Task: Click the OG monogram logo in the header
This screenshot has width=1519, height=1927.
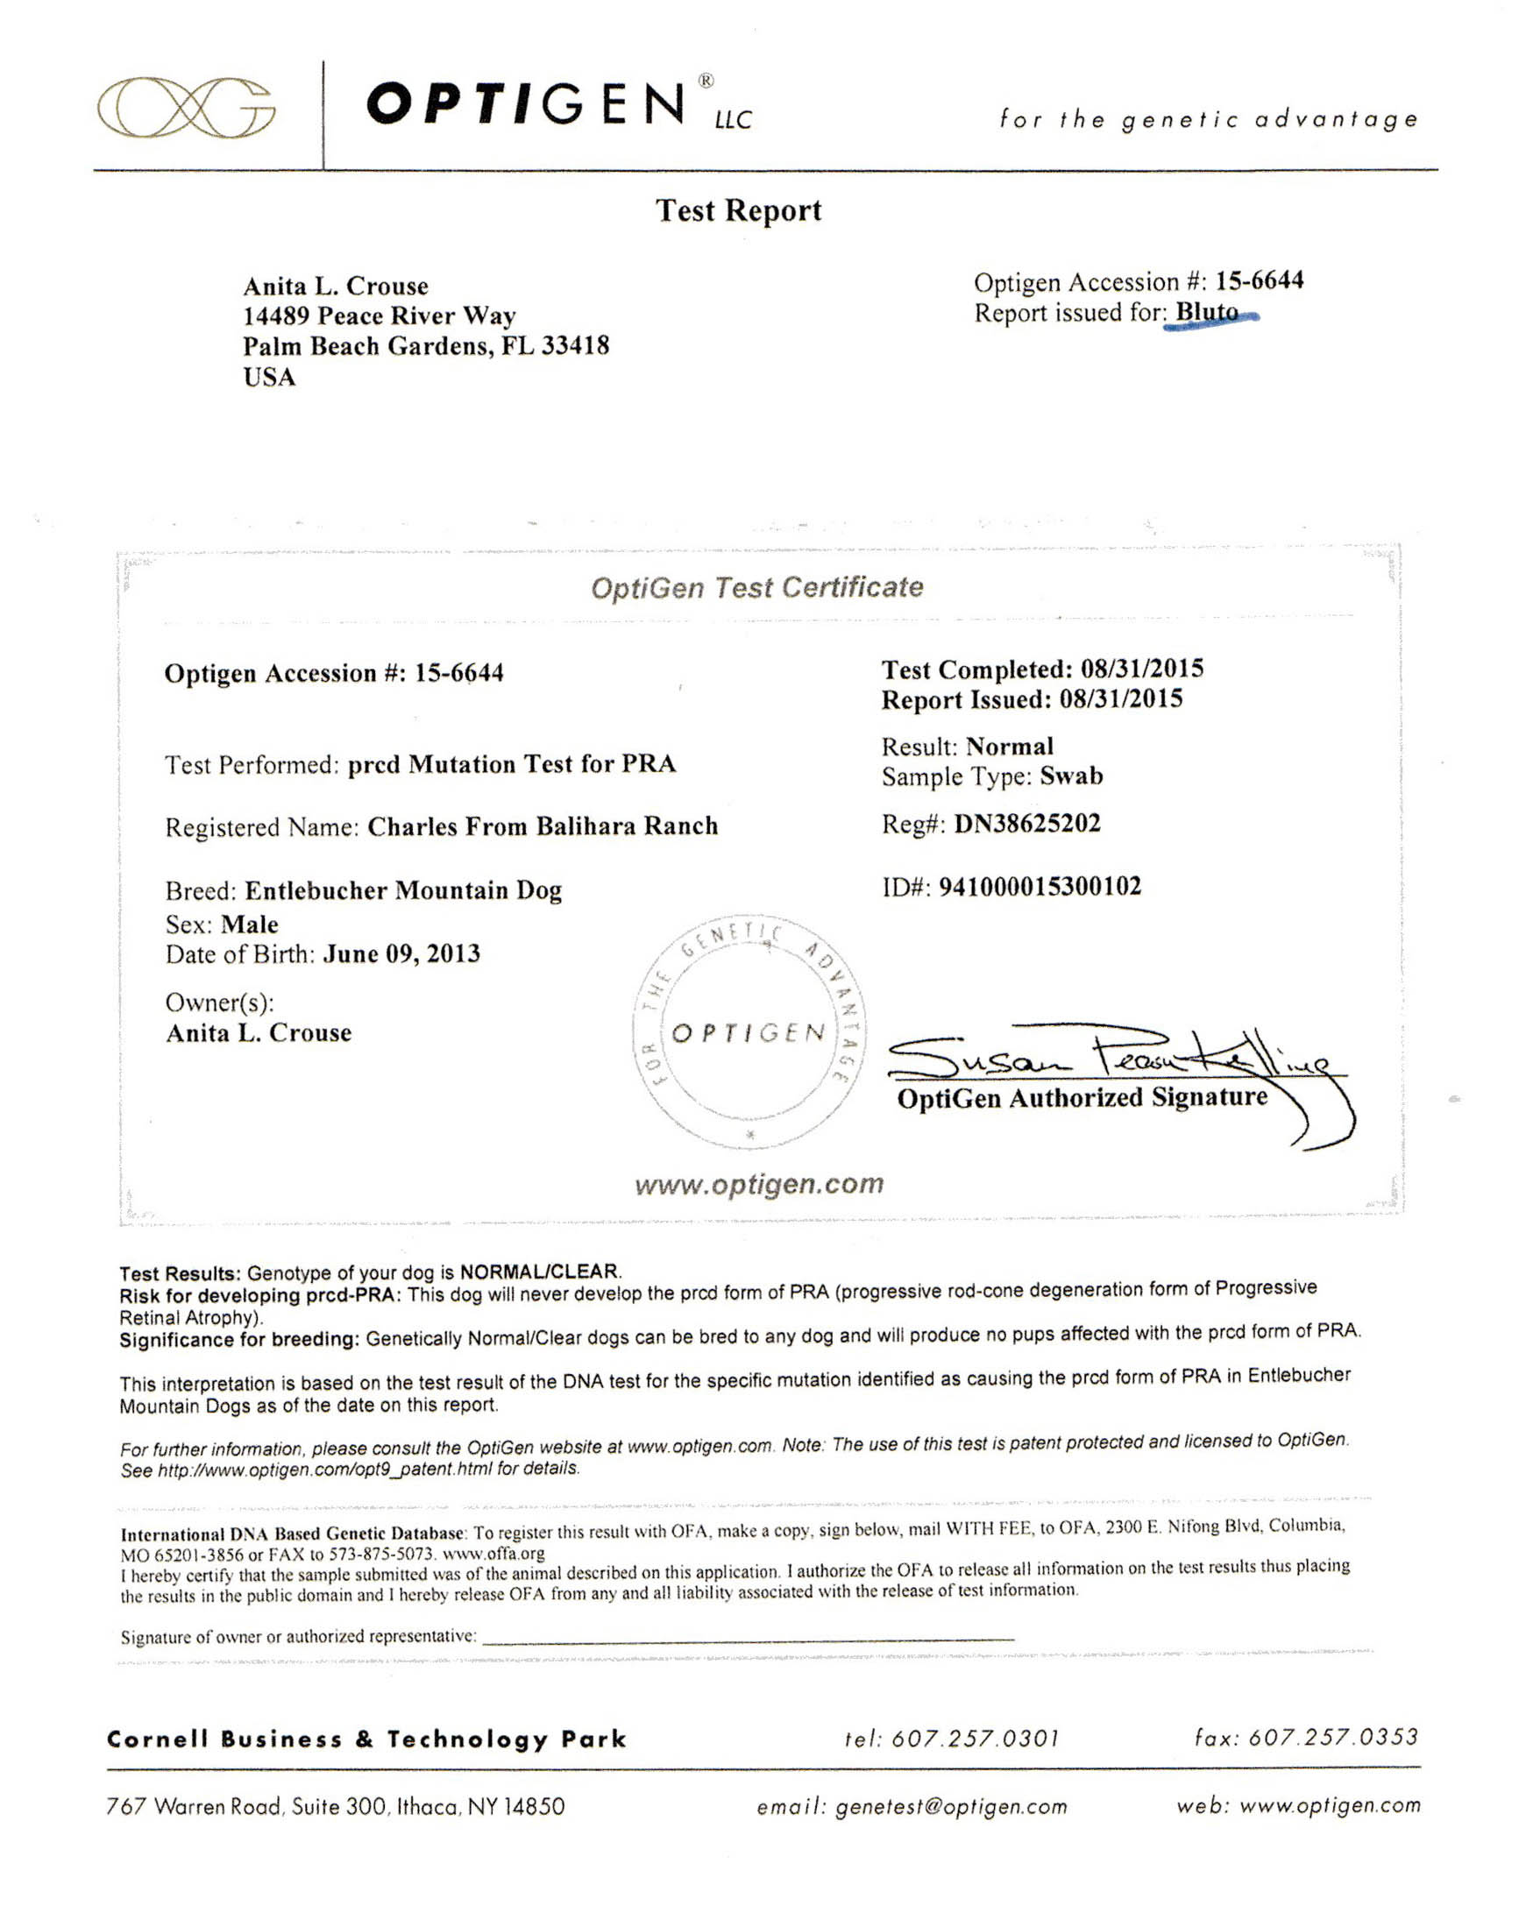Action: click(185, 108)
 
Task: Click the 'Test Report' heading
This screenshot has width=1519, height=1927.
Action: click(738, 210)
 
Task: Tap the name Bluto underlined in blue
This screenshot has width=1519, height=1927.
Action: click(1207, 312)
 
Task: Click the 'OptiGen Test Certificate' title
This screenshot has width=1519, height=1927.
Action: click(756, 587)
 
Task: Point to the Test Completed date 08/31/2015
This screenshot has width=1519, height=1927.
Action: click(1142, 669)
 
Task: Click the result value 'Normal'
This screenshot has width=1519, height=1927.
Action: click(1010, 746)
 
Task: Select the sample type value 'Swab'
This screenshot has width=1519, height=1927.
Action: click(1071, 776)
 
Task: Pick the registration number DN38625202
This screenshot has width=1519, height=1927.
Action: click(1027, 824)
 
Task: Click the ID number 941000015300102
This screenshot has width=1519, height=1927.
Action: click(1040, 886)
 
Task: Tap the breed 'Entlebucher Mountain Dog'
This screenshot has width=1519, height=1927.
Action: click(403, 890)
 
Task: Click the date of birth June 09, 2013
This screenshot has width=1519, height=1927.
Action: click(401, 954)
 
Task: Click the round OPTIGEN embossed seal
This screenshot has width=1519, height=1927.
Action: click(749, 1033)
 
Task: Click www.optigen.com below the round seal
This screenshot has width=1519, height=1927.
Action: click(758, 1184)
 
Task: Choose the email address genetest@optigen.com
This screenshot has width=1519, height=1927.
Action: click(951, 1806)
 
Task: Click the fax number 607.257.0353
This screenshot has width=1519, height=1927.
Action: click(1332, 1737)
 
